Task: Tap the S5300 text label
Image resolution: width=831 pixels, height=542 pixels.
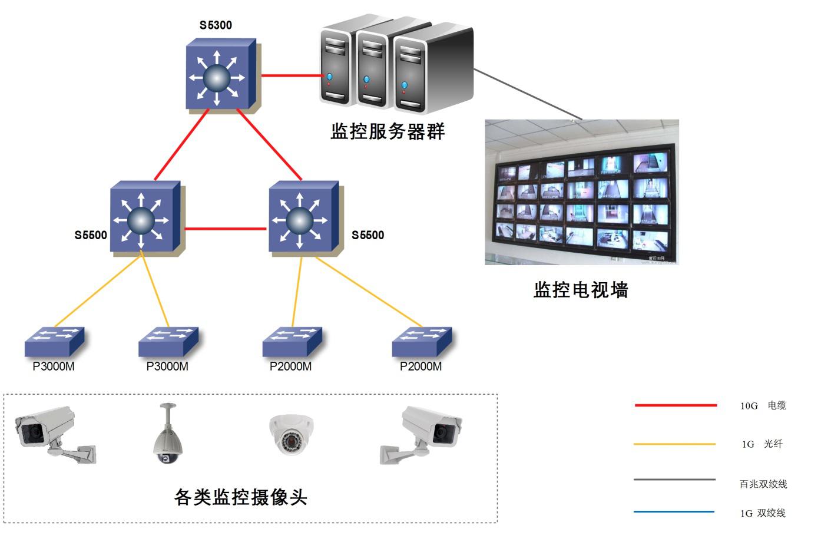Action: [216, 25]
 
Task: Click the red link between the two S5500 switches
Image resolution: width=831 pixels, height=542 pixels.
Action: [225, 229]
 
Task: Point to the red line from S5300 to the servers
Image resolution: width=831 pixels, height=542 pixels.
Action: [290, 75]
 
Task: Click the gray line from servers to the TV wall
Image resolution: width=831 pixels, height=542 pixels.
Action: [527, 94]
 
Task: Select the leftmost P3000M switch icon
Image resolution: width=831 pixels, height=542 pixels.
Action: [54, 341]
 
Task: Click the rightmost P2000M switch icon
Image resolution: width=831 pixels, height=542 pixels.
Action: [422, 341]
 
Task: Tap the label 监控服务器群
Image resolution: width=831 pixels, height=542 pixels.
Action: [388, 131]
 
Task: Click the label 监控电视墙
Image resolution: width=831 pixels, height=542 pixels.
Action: [581, 290]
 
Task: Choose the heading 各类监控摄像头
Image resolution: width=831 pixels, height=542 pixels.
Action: [241, 497]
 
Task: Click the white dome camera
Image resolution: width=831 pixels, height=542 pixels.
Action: [291, 434]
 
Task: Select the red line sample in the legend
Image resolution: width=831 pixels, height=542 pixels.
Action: [676, 405]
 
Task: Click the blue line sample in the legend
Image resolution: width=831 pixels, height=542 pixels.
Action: [674, 511]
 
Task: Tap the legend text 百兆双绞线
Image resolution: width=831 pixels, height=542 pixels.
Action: [763, 484]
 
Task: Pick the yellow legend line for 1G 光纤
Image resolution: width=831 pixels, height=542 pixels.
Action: [675, 444]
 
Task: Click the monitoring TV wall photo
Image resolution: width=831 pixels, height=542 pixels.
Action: [581, 192]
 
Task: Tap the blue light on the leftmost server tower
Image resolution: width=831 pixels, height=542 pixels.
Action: [329, 77]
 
